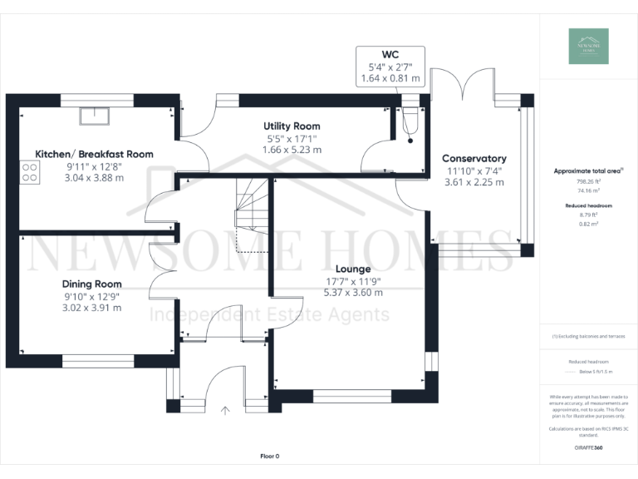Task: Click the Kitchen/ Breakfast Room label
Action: pyautogui.click(x=94, y=154)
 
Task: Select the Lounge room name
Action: pyautogui.click(x=353, y=269)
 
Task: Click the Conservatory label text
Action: pyautogui.click(x=474, y=158)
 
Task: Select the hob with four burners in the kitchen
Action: pyautogui.click(x=30, y=171)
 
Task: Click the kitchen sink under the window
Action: pyautogui.click(x=92, y=116)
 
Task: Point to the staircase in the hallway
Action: pyautogui.click(x=248, y=212)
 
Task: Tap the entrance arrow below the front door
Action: pyautogui.click(x=224, y=409)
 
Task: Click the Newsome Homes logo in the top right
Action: pyautogui.click(x=588, y=46)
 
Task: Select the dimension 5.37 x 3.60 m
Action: pyautogui.click(x=353, y=293)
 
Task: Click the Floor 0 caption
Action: pyautogui.click(x=269, y=456)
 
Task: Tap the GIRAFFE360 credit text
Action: pyautogui.click(x=587, y=447)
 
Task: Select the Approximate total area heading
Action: pyautogui.click(x=587, y=170)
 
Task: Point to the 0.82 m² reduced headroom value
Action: pyautogui.click(x=587, y=223)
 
